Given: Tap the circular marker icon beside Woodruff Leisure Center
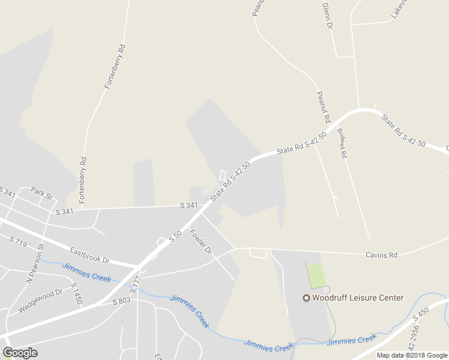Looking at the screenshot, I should (306, 298).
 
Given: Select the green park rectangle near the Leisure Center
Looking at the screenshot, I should (316, 275).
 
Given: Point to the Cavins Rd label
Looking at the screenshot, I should (382, 255).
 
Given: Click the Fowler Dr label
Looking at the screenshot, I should (201, 241).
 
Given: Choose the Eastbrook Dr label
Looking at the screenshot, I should (89, 256).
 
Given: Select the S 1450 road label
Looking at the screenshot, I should (76, 293).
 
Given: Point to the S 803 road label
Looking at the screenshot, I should (121, 301).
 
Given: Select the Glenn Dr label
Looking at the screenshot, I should (328, 16).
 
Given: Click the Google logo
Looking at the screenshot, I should (20, 353).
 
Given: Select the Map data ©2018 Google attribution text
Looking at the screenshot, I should (412, 355).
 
